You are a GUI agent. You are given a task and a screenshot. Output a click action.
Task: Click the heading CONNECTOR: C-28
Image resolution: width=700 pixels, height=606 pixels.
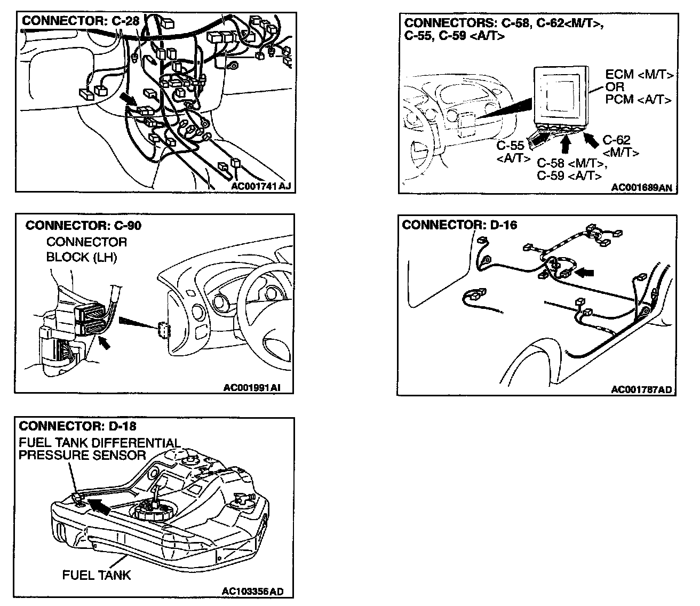[79, 21]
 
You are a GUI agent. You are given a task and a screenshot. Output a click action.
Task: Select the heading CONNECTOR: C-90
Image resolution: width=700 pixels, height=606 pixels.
[84, 225]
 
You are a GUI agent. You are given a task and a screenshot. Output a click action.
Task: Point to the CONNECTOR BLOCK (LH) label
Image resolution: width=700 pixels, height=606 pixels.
[86, 250]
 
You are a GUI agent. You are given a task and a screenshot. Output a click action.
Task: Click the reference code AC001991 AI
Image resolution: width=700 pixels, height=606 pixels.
[252, 387]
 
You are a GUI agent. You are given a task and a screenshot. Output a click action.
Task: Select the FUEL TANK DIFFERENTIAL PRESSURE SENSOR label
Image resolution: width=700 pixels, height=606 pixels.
[100, 449]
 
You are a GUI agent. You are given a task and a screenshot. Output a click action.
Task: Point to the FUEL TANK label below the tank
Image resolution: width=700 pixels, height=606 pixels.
[97, 575]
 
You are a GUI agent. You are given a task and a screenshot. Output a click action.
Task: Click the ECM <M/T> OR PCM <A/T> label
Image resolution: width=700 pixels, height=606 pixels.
[639, 87]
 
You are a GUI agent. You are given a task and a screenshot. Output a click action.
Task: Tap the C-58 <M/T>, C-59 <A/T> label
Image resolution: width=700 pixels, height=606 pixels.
[570, 169]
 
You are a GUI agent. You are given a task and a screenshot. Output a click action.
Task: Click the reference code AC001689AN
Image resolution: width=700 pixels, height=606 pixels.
[642, 187]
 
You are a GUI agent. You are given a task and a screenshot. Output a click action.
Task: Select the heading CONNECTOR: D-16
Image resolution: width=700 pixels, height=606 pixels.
[459, 225]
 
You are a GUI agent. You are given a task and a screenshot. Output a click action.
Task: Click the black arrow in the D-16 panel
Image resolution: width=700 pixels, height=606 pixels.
[585, 273]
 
